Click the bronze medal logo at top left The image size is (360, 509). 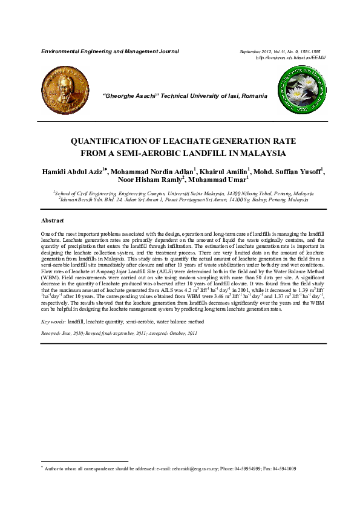pyautogui.click(x=60, y=88)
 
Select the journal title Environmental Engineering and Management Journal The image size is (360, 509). pyautogui.click(x=110, y=51)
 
